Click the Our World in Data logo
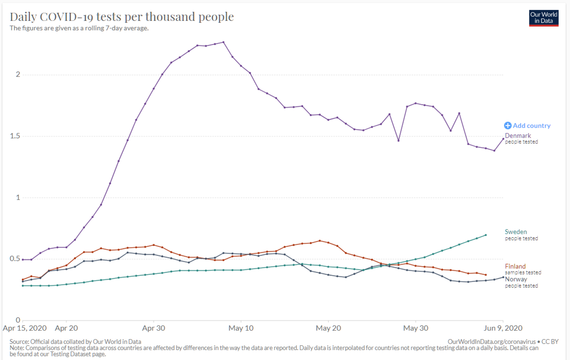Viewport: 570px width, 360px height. pos(543,18)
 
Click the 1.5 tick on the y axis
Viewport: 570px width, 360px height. pos(15,136)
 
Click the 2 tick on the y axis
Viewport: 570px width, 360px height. pos(18,74)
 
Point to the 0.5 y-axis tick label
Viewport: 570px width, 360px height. pos(15,259)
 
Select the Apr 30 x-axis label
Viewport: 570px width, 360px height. pos(153,328)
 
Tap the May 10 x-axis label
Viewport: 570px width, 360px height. pos(241,328)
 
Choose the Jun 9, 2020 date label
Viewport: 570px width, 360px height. pos(503,328)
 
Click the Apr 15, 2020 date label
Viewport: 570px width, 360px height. pos(25,328)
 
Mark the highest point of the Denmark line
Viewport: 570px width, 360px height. pos(223,42)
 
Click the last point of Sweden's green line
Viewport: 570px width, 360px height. pos(486,235)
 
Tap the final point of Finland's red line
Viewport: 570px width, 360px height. pos(486,275)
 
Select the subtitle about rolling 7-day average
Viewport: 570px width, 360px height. pos(79,28)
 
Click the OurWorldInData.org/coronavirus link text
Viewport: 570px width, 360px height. pos(492,341)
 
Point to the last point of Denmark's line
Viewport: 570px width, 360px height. pos(503,139)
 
